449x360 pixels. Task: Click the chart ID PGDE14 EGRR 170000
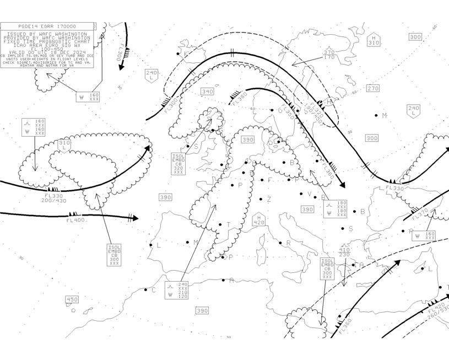pos(47,26)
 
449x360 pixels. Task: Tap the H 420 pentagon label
pos(258,220)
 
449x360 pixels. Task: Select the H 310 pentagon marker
pos(374,40)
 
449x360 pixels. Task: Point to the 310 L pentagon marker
pos(64,145)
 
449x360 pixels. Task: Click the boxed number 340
pos(207,92)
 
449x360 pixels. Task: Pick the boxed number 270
pos(373,88)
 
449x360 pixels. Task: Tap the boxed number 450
pos(72,299)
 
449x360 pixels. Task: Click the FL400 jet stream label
pos(75,221)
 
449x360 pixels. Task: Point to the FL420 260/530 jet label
pos(437,311)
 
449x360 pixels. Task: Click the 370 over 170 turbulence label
pos(329,55)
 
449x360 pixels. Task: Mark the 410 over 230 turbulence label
pos(344,251)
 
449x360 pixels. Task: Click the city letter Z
pos(269,200)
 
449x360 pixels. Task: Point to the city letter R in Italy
pos(288,243)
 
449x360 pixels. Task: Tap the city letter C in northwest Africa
pos(154,291)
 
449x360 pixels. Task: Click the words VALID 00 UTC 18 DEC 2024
pos(47,52)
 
